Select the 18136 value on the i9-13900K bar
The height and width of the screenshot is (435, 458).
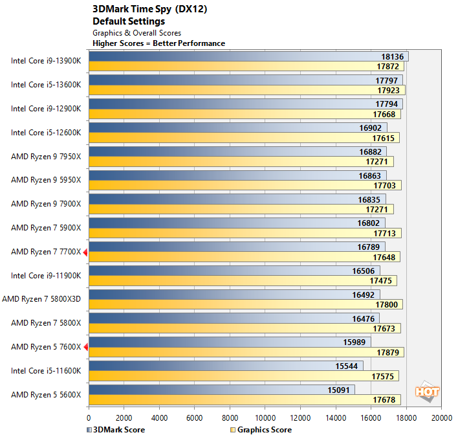pos(392,56)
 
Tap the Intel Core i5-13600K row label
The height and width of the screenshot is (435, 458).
pos(46,85)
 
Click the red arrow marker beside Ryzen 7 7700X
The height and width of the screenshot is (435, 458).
pos(85,252)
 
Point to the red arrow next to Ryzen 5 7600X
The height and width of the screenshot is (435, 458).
pos(85,347)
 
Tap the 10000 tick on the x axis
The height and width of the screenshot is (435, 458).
pos(265,418)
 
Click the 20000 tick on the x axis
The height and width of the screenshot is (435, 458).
pos(441,418)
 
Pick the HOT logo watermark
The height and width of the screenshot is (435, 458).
pos(428,392)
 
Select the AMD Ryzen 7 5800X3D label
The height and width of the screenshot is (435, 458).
pos(42,299)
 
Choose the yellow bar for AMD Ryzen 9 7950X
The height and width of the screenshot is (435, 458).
pos(239,161)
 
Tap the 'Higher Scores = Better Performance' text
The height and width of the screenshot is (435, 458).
pos(159,43)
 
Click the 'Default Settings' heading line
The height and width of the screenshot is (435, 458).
pos(129,21)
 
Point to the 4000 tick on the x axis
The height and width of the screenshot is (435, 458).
pos(159,418)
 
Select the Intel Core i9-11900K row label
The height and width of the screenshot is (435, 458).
pos(46,275)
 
